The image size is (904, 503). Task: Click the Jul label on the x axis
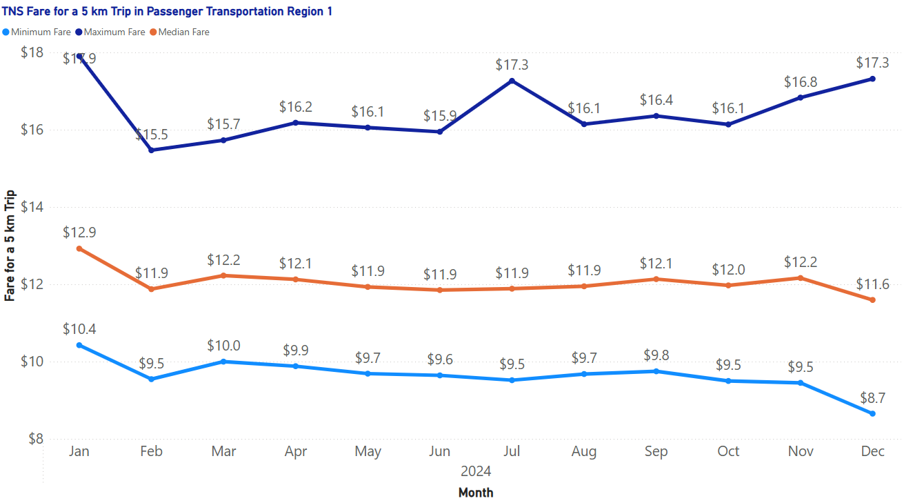pyautogui.click(x=512, y=451)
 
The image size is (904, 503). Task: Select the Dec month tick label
pyautogui.click(x=872, y=451)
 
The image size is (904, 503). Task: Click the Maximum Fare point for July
pyautogui.click(x=512, y=81)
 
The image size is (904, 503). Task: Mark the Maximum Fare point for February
pyautogui.click(x=151, y=150)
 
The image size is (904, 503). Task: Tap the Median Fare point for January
pyautogui.click(x=79, y=248)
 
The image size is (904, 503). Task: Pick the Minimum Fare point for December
pyautogui.click(x=872, y=413)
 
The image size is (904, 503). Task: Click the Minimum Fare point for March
pyautogui.click(x=223, y=362)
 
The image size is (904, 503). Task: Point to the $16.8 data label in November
pyautogui.click(x=800, y=82)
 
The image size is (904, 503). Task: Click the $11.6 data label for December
pyautogui.click(x=872, y=284)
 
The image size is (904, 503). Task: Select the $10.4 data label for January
pyautogui.click(x=79, y=329)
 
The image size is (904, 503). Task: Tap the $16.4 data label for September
pyautogui.click(x=656, y=100)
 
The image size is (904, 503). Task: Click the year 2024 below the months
pyautogui.click(x=476, y=472)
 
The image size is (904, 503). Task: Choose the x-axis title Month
pyautogui.click(x=476, y=493)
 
